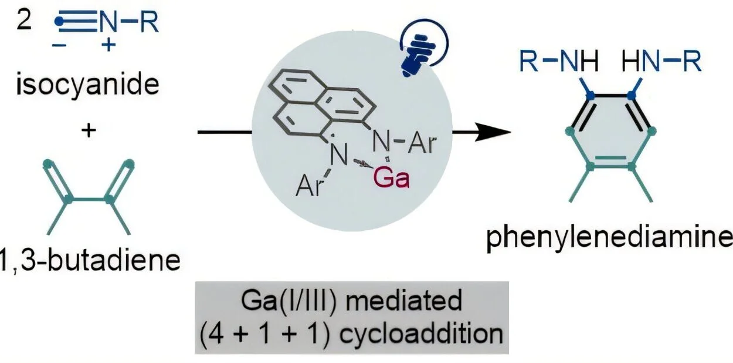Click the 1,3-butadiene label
[89, 260]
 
